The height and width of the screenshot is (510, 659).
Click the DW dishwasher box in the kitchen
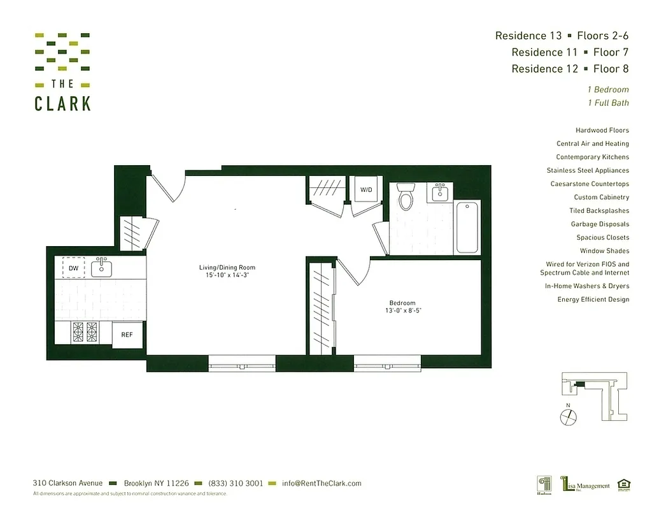pyautogui.click(x=73, y=268)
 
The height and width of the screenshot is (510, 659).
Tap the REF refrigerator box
pyautogui.click(x=127, y=335)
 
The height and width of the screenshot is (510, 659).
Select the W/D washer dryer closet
pyautogui.click(x=366, y=189)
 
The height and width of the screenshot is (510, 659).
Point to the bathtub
pyautogui.click(x=467, y=227)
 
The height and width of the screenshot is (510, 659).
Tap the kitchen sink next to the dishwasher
pyautogui.click(x=101, y=268)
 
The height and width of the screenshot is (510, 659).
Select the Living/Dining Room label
pyautogui.click(x=227, y=267)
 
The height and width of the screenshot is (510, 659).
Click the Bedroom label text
pyautogui.click(x=402, y=303)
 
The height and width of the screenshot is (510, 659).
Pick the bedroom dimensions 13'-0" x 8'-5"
pyautogui.click(x=402, y=311)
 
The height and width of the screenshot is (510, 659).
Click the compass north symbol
pyautogui.click(x=569, y=416)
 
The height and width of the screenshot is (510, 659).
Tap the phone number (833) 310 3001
pyautogui.click(x=236, y=483)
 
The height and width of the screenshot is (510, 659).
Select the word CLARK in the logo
pyautogui.click(x=62, y=103)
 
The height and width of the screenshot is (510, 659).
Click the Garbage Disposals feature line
pyautogui.click(x=600, y=224)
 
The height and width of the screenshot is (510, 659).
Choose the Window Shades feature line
pyautogui.click(x=604, y=251)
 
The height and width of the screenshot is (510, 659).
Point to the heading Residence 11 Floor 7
pyautogui.click(x=570, y=52)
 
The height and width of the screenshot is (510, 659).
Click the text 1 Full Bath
pyautogui.click(x=608, y=103)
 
